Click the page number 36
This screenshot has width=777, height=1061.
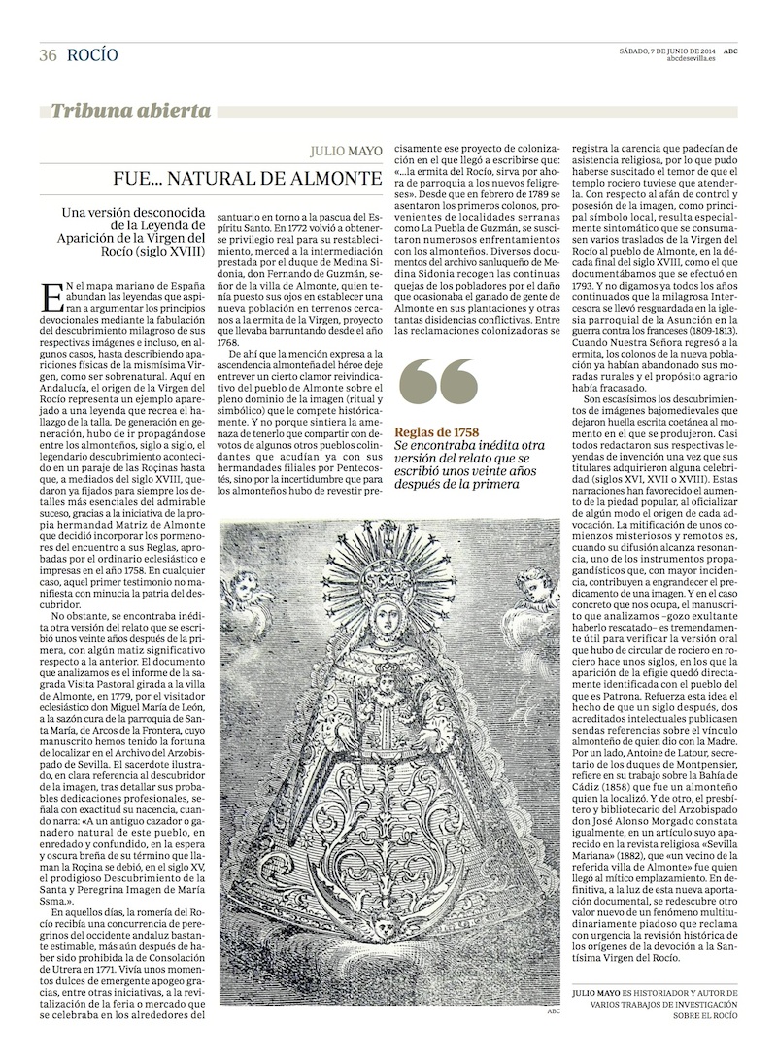click(x=48, y=55)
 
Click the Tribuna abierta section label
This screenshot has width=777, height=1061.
click(x=130, y=111)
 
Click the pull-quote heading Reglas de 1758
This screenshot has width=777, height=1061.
click(x=436, y=431)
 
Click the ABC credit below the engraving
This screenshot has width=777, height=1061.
click(x=554, y=1010)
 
